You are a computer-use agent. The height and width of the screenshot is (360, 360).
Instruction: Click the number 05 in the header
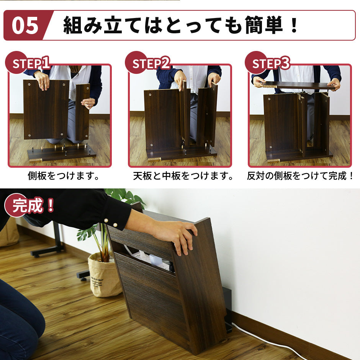[x=25, y=26]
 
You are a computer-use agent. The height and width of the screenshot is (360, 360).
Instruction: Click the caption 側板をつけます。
[x=64, y=176]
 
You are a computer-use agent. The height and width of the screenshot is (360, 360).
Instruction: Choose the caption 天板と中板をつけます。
[x=183, y=176]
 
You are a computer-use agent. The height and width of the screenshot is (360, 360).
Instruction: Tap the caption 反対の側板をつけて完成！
[x=301, y=176]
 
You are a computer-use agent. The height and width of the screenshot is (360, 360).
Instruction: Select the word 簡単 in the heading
[x=264, y=25]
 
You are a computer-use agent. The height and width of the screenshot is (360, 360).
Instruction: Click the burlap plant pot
[x=105, y=275]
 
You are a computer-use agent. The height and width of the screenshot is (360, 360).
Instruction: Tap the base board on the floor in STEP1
[x=62, y=153]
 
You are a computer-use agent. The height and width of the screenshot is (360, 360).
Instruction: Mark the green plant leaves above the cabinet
[x=125, y=196]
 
